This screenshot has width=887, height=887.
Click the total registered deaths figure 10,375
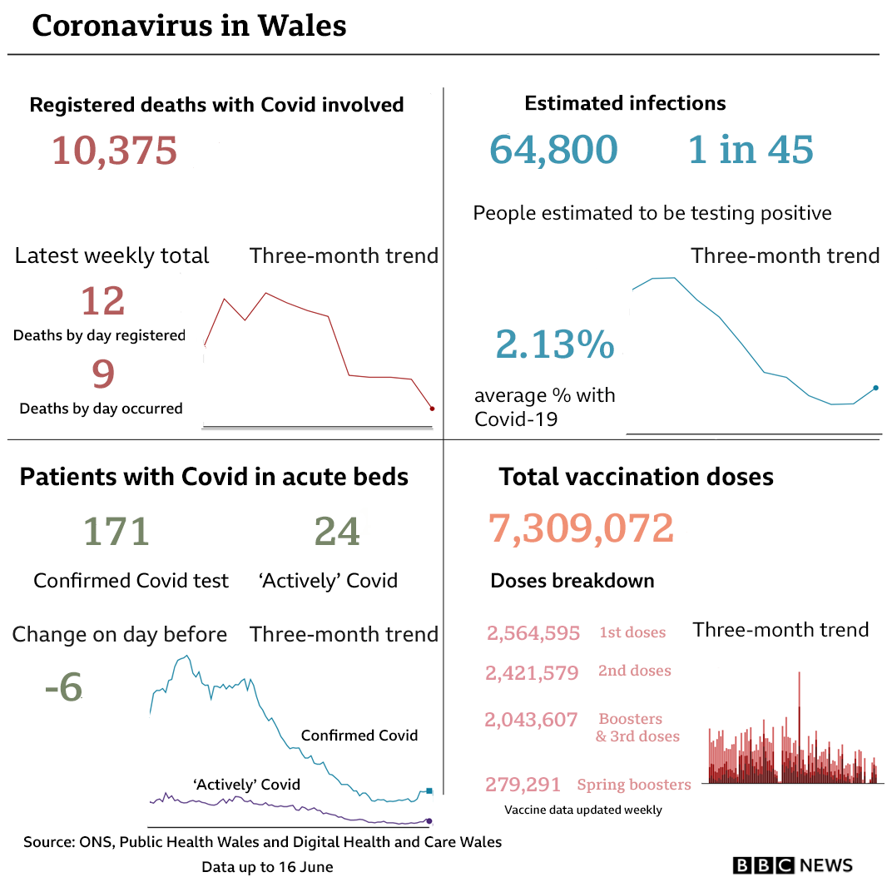[x=114, y=151]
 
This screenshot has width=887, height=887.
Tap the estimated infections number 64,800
[x=553, y=150]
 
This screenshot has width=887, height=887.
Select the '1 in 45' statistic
[x=751, y=150]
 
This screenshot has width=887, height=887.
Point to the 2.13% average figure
[x=554, y=344]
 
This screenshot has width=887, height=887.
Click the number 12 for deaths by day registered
[x=103, y=300]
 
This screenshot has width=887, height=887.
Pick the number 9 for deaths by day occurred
[x=102, y=374]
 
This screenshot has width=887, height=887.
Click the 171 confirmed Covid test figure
[x=116, y=532]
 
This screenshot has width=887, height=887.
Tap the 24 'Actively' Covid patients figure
[x=337, y=532]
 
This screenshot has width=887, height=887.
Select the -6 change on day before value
[x=63, y=687]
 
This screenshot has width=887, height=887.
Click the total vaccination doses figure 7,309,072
[x=581, y=528]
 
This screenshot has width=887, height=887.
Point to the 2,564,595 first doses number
[x=533, y=633]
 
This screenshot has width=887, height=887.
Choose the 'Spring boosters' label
[x=634, y=785]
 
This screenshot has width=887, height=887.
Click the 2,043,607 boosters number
[x=531, y=720]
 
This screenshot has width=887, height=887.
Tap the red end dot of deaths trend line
[x=432, y=409]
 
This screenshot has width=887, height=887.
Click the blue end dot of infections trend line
[x=875, y=388]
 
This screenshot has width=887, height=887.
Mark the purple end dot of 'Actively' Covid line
[x=429, y=821]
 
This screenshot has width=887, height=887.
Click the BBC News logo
[x=792, y=865]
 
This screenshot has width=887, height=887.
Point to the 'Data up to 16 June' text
[x=267, y=867]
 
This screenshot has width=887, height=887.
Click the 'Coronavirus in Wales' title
[x=189, y=26]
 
